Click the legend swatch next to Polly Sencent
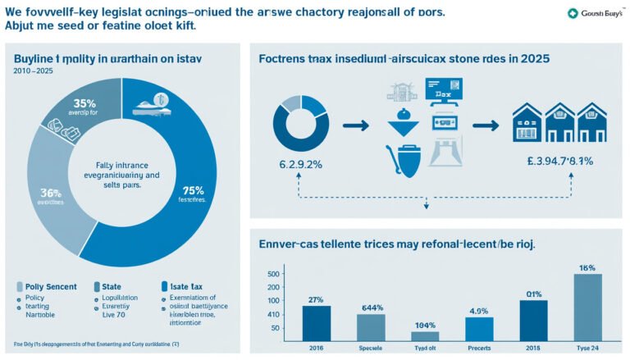coord(21,286)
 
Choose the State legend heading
coord(111,286)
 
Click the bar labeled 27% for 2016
coord(316,323)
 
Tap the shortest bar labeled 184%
coord(424,336)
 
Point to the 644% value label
coord(372,308)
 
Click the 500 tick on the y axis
coord(274,274)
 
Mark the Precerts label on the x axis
coord(479,349)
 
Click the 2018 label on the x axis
coord(533,349)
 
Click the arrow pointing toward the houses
coord(486,125)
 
